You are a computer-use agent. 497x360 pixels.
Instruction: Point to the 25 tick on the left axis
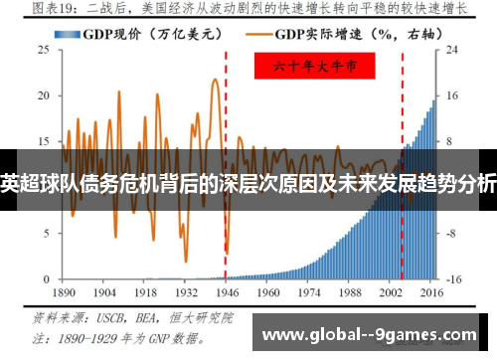click(x=44, y=48)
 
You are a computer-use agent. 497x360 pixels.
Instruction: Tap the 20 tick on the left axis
click(x=44, y=94)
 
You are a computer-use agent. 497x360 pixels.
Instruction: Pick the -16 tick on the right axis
click(x=452, y=279)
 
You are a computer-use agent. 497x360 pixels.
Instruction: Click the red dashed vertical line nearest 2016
click(x=403, y=119)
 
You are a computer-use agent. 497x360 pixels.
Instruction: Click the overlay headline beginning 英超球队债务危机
click(x=248, y=183)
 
